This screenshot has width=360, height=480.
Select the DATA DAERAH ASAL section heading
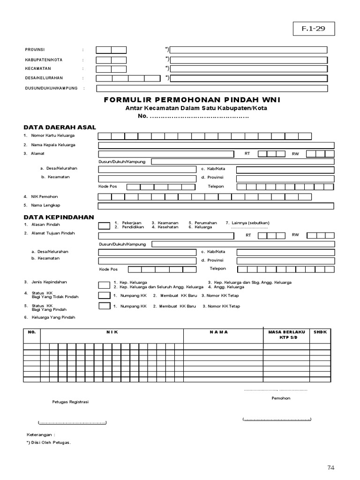click(x=60, y=127)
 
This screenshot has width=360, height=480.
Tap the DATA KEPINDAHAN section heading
click(x=59, y=217)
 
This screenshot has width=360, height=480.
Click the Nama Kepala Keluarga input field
click(x=216, y=145)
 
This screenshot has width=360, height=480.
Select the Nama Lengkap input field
click(x=216, y=206)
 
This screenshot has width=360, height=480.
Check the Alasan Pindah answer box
click(x=105, y=225)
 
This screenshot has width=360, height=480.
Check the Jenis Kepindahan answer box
click(x=105, y=285)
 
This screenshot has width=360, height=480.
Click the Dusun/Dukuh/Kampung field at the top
click(x=212, y=88)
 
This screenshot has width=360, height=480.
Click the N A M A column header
click(x=218, y=332)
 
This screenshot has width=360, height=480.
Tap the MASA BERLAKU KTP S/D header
click(x=286, y=335)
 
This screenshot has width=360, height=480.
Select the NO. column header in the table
click(x=32, y=332)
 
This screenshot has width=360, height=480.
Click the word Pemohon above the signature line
click(x=281, y=398)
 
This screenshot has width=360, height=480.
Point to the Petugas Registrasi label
click(x=70, y=402)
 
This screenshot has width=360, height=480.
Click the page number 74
click(x=331, y=467)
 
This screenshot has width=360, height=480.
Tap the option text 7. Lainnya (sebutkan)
click(x=247, y=223)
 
